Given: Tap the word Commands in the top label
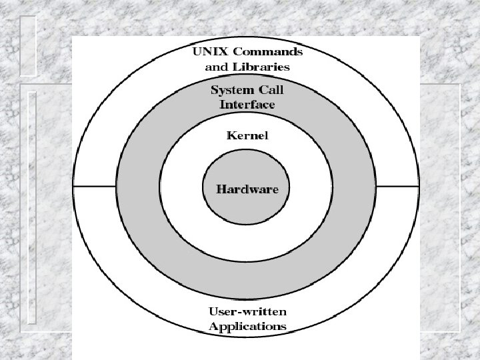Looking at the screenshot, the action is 267,51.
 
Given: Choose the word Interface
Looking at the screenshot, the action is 247,105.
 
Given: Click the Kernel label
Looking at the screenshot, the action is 247,136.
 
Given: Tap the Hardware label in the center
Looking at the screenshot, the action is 247,189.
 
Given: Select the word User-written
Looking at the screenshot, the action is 247,311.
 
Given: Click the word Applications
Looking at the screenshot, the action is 247,327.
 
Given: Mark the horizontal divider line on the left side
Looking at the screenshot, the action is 95,187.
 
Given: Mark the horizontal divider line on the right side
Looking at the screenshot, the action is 398,187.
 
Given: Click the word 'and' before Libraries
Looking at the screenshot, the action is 215,67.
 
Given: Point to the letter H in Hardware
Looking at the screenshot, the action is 221,189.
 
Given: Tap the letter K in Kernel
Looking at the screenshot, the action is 231,136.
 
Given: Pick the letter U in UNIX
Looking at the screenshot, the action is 197,51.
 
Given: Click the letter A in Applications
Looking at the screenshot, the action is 213,327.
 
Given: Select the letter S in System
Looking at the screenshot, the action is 214,89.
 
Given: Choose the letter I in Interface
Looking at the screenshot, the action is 223,105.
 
